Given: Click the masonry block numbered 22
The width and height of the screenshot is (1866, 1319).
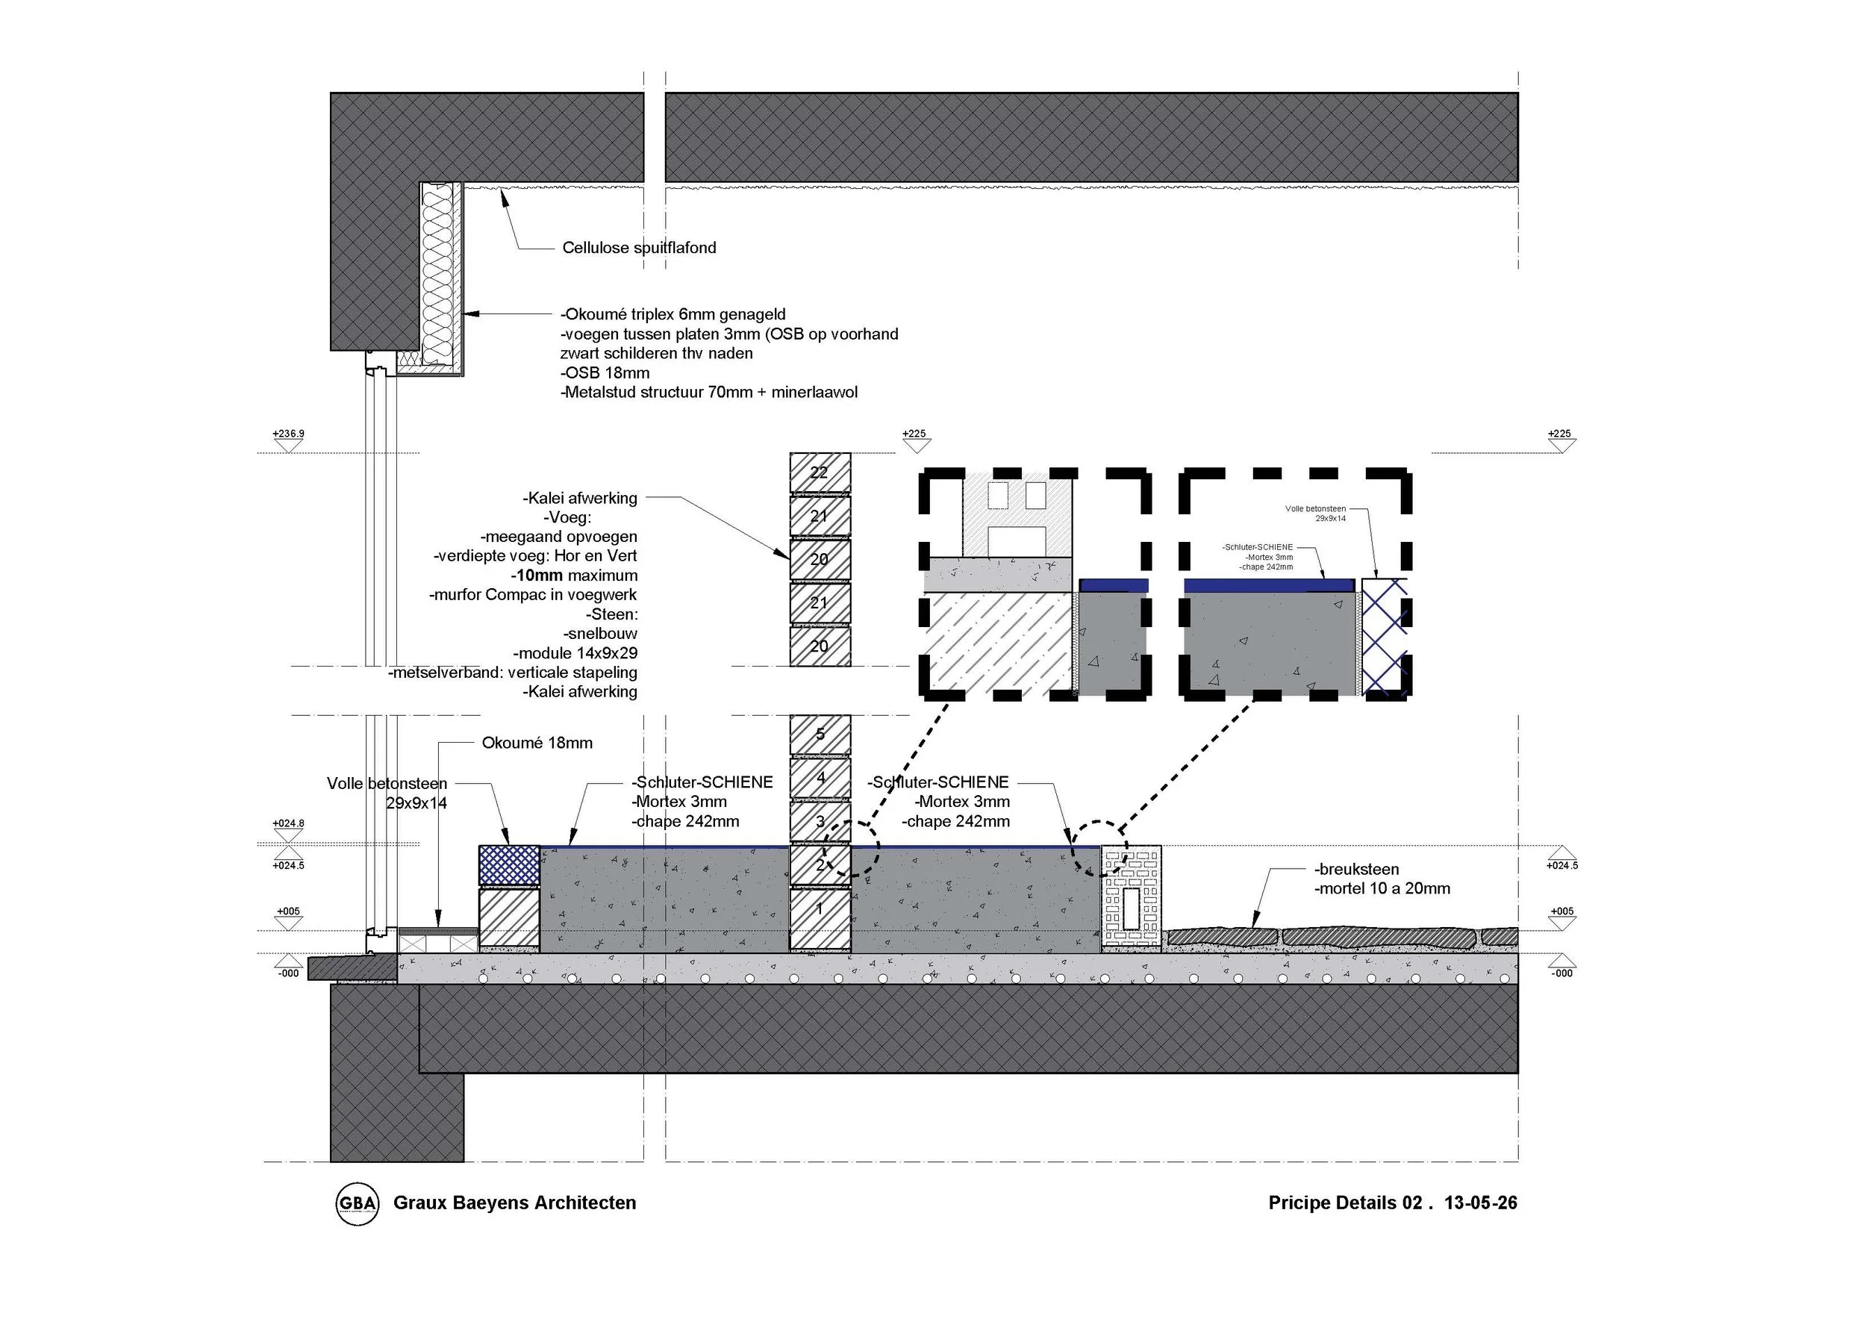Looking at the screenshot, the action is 820,473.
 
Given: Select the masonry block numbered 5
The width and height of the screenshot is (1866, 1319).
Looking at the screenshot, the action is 820,735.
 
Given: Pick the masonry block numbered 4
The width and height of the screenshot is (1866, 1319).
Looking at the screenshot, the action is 820,778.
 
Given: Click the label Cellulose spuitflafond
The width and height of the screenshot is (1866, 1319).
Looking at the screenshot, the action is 639,248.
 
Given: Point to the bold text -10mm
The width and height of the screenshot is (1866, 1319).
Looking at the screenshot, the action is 537,576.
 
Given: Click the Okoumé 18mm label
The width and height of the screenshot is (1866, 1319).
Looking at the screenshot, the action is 537,743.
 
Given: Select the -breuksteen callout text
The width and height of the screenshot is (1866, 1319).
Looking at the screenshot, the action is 1356,870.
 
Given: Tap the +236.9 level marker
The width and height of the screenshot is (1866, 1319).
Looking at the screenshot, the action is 289,434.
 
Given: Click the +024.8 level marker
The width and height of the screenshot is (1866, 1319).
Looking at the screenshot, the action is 289,824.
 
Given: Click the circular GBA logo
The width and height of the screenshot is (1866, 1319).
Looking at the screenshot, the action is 358,1204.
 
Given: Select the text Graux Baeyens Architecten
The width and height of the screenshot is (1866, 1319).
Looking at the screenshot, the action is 514,1203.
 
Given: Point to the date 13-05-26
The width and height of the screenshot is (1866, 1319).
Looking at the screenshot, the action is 1480,1203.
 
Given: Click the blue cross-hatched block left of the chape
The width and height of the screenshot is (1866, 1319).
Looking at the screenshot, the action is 510,864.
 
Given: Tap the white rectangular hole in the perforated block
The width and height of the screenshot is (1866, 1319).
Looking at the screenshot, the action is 1132,908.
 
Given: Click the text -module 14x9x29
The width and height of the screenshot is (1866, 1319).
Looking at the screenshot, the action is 575,653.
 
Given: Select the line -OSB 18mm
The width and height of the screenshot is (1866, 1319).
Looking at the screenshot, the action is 605,373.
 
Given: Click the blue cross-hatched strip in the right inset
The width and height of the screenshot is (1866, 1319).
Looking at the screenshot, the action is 1385,637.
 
